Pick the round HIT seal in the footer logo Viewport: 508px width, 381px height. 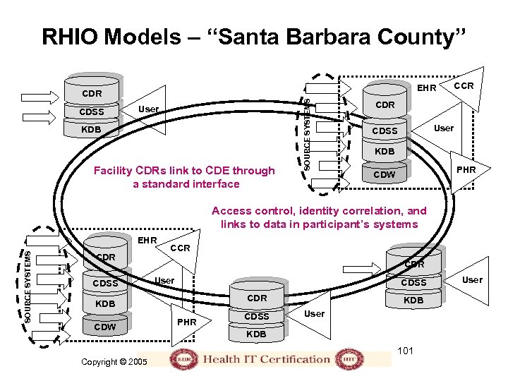coord(345,358)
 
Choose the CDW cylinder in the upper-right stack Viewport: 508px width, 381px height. coord(385,174)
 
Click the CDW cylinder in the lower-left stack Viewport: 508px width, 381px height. coord(105,327)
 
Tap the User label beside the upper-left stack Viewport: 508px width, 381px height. coord(148,109)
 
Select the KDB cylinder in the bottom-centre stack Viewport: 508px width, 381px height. coord(257,334)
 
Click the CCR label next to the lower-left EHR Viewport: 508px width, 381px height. coord(181,248)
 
